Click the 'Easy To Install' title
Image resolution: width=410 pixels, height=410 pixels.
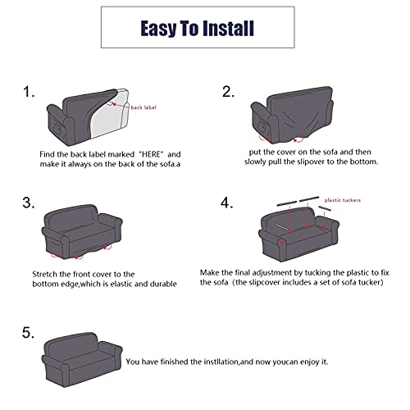(x=197, y=29)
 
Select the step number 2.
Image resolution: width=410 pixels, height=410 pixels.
(x=229, y=92)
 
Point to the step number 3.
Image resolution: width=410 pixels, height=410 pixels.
(x=28, y=203)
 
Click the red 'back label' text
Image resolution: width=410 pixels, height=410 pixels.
(x=141, y=107)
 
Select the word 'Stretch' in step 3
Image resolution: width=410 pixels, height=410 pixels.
(x=46, y=273)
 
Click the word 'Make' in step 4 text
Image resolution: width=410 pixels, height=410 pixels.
(x=211, y=271)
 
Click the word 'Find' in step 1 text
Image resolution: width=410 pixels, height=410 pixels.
(x=47, y=154)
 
